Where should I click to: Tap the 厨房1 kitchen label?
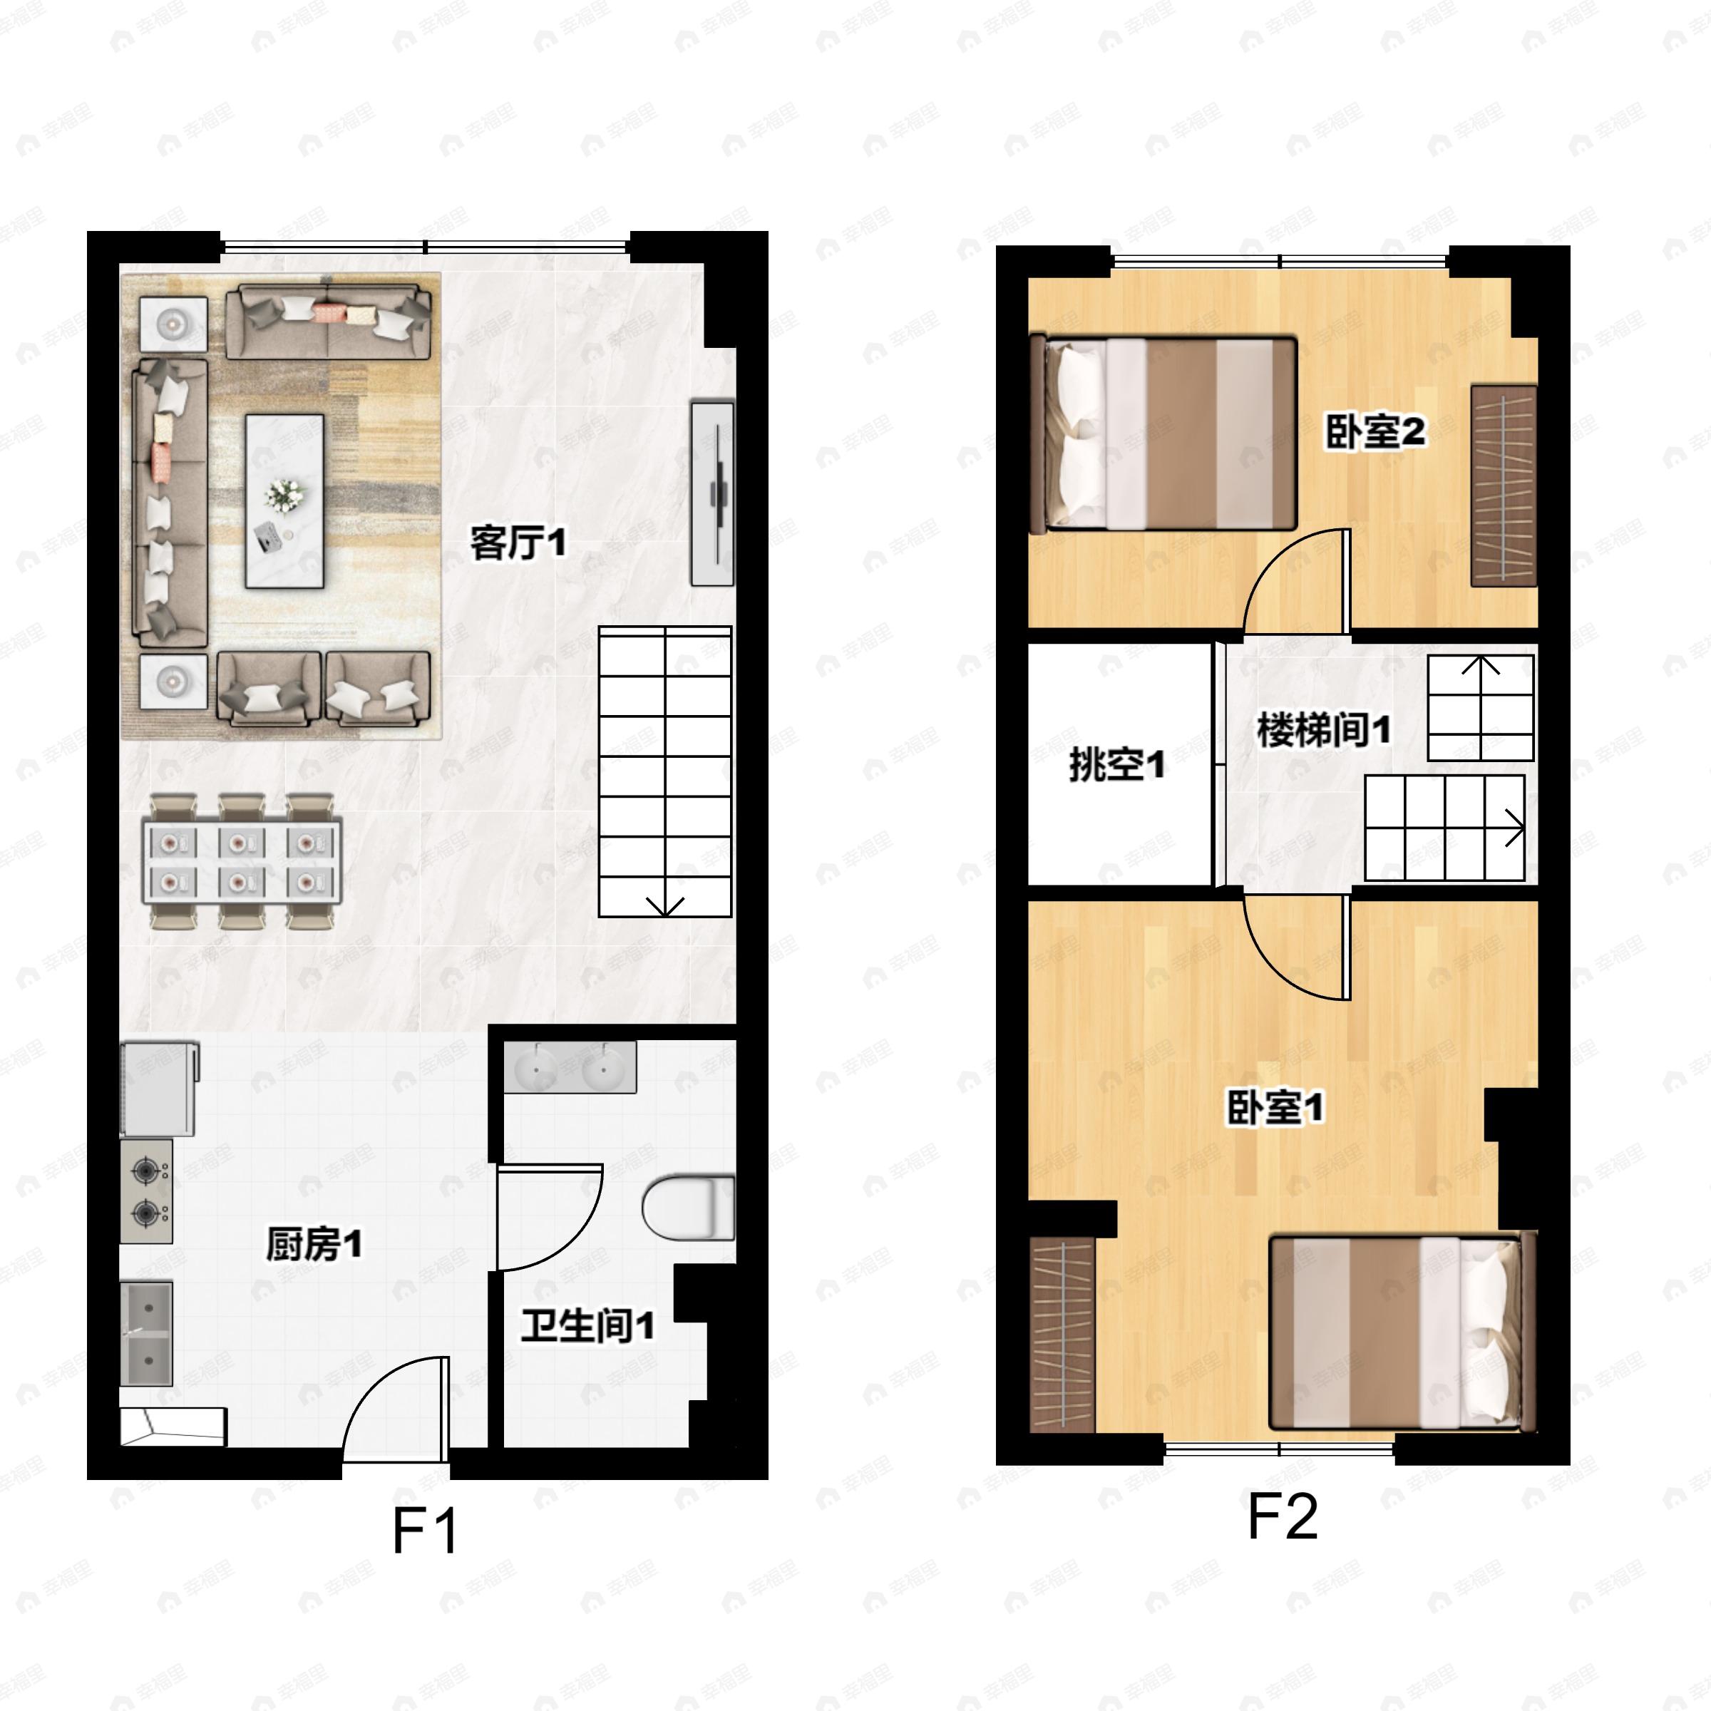click(314, 1244)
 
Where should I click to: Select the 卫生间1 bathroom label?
click(587, 1326)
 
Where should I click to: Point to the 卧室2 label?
click(1375, 431)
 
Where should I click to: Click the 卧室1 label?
click(1275, 1107)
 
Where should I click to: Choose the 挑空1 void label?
click(1116, 764)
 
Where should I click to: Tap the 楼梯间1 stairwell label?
click(1323, 730)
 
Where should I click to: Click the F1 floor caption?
click(425, 1531)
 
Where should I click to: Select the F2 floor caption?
click(1282, 1517)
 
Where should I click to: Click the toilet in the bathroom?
click(687, 1207)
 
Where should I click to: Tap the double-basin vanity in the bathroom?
click(570, 1067)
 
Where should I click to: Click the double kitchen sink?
click(146, 1334)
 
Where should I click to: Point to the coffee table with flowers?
click(284, 501)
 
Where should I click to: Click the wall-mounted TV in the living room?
click(714, 494)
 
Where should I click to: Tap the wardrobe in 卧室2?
click(1503, 485)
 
